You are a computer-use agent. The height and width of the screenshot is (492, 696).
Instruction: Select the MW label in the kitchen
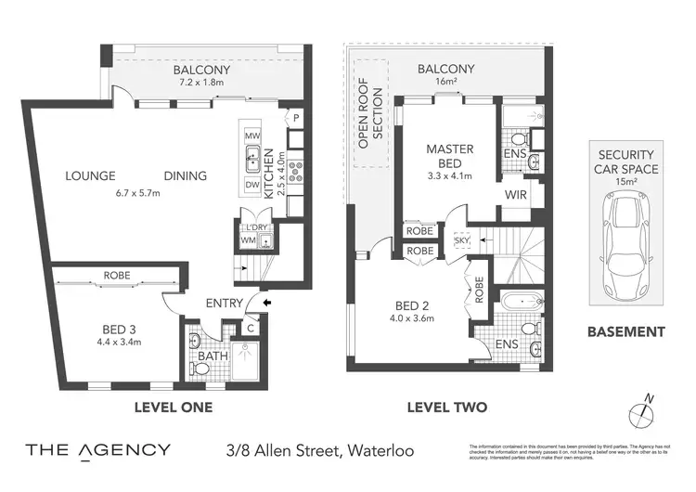click(x=251, y=136)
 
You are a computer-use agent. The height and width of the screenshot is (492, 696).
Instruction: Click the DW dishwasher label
click(x=251, y=185)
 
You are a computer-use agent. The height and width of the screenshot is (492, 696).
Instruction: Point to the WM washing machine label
click(x=247, y=241)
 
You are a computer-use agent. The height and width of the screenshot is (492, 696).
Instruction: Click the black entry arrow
click(x=268, y=302)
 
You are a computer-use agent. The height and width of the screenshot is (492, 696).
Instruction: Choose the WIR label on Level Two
click(x=517, y=195)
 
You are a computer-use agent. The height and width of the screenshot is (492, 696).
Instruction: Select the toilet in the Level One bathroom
click(x=201, y=369)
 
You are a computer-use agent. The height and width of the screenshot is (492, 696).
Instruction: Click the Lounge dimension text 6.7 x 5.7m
click(x=137, y=193)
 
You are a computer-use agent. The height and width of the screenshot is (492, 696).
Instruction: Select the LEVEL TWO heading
click(x=447, y=407)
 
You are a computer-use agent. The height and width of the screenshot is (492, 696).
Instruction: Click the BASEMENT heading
click(x=626, y=331)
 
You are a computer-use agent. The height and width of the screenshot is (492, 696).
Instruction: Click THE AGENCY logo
click(x=97, y=451)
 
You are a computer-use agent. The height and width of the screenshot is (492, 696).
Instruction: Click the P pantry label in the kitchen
click(x=295, y=118)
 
